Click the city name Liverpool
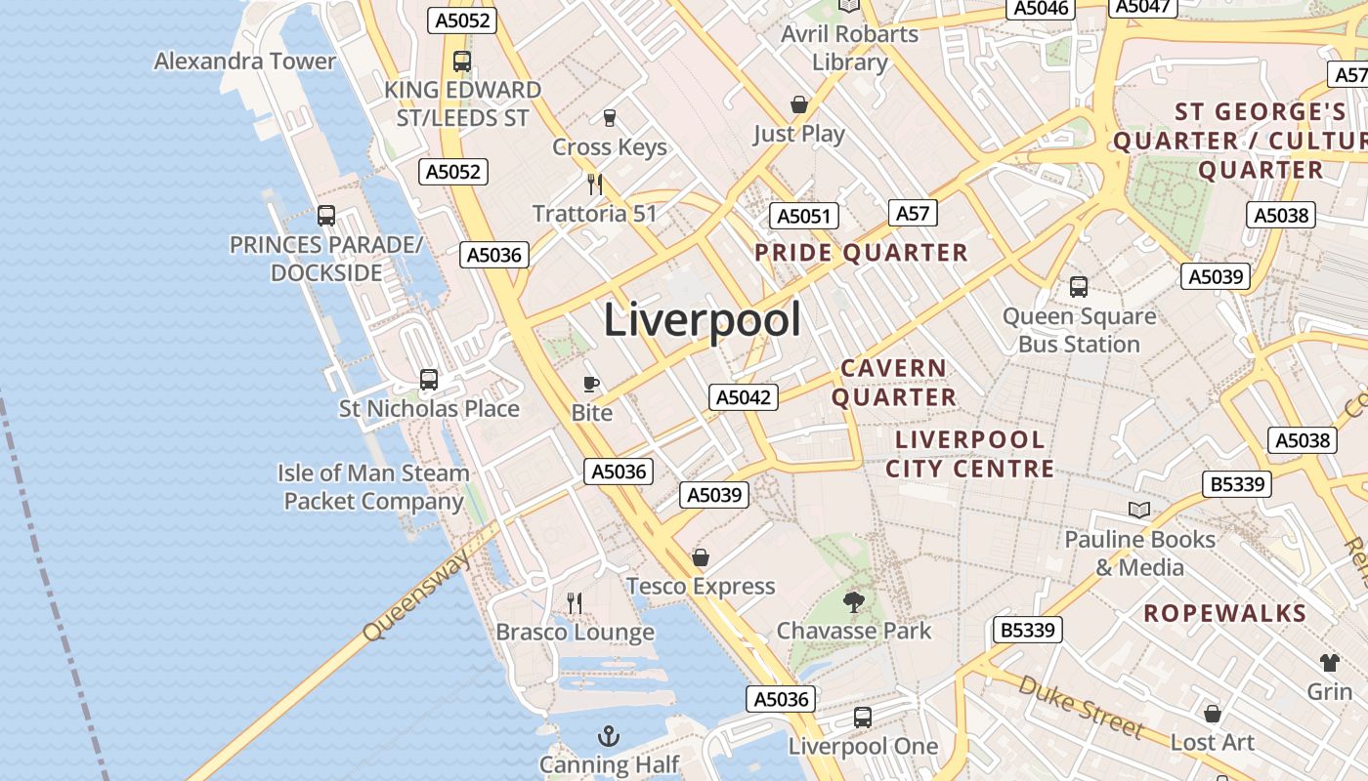703,320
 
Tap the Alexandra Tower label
245,62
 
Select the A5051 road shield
803,216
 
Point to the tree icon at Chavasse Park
854,601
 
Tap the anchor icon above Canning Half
609,735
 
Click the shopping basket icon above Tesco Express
701,557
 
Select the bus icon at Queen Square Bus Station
1079,287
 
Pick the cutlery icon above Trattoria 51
594,184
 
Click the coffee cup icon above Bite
590,384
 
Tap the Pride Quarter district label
861,253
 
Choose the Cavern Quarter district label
894,383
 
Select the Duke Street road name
1080,705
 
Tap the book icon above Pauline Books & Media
1139,510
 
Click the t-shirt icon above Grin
1329,663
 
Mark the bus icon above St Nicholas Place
428,380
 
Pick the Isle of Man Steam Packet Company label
373,487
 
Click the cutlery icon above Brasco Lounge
575,603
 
